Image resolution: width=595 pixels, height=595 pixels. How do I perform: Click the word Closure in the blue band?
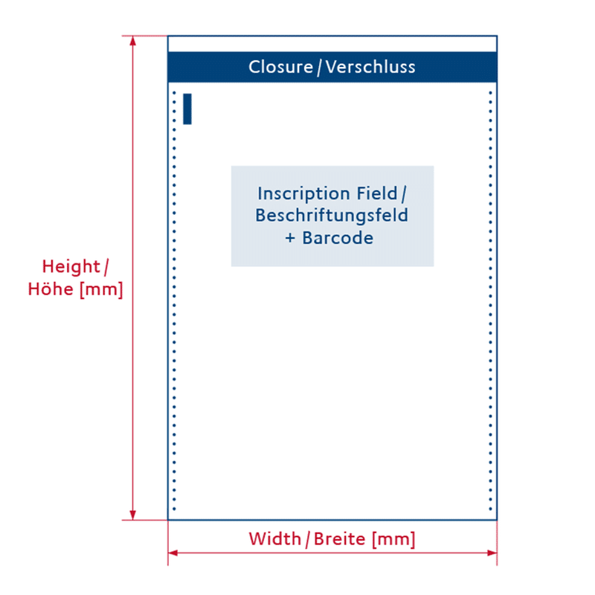point(280,67)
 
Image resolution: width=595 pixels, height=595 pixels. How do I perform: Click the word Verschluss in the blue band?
point(370,67)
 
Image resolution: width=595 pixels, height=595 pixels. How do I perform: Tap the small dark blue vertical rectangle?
point(187,109)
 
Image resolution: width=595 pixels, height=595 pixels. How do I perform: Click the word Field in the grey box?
point(377,193)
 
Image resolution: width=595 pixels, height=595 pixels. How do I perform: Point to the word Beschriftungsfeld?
point(332,216)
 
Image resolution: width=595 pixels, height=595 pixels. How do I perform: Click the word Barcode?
point(338,238)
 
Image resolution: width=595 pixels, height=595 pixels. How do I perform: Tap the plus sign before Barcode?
point(290,238)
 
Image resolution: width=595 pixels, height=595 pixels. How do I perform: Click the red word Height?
point(71,267)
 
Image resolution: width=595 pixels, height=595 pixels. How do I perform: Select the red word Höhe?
point(51,289)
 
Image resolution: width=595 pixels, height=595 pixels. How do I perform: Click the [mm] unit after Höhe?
point(101,290)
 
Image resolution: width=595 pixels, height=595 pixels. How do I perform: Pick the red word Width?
point(274,538)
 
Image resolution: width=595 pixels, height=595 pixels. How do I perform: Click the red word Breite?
point(340,538)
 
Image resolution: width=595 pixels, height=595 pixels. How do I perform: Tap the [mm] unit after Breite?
point(393,539)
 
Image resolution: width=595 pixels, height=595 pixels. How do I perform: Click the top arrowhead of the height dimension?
point(133,41)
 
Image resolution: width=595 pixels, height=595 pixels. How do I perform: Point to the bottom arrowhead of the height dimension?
point(133,515)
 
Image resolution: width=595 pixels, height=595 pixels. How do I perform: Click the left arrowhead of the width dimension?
point(173,553)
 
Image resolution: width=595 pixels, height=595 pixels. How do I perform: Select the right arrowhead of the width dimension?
point(492,553)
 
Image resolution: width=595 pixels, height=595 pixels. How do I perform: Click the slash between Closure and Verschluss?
point(319,68)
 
